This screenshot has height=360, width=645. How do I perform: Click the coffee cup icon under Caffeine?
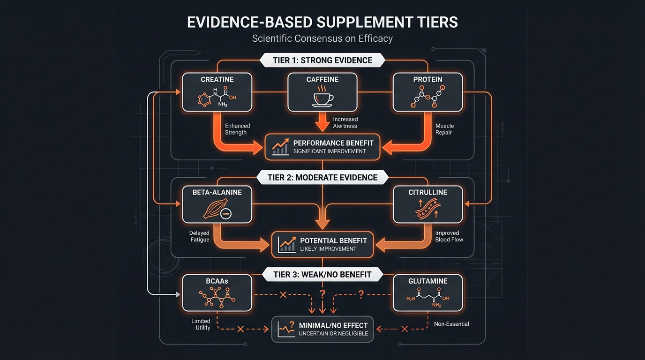pyautogui.click(x=322, y=97)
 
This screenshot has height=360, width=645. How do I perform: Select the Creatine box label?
pyautogui.click(x=217, y=80)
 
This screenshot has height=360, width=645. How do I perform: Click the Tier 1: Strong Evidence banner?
pyautogui.click(x=322, y=60)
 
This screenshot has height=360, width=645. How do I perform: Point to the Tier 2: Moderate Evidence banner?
pyautogui.click(x=322, y=177)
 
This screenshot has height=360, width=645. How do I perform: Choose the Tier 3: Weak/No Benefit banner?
pyautogui.click(x=322, y=275)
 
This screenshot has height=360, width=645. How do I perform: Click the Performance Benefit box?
pyautogui.click(x=322, y=147)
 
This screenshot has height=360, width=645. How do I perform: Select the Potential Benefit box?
pyautogui.click(x=322, y=244)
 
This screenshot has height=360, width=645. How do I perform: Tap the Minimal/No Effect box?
pyautogui.click(x=322, y=329)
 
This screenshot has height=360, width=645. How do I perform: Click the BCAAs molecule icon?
pyautogui.click(x=217, y=298)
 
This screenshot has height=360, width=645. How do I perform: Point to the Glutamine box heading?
pyautogui.click(x=427, y=281)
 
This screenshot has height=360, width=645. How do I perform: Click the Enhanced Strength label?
pyautogui.click(x=238, y=129)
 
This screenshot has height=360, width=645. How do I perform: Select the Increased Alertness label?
pyautogui.click(x=345, y=123)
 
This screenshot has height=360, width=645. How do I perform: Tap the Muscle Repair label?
pyautogui.click(x=444, y=129)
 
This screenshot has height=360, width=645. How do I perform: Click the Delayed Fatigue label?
pyautogui.click(x=200, y=236)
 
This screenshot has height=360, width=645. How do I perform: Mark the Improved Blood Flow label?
pyautogui.click(x=449, y=236)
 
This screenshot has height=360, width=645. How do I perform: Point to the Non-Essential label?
pyautogui.click(x=451, y=324)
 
